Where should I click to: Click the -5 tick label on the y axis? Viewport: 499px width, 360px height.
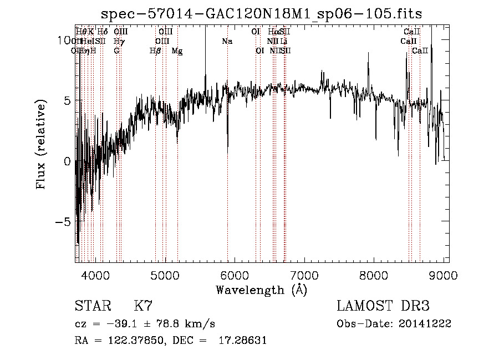point(65,221)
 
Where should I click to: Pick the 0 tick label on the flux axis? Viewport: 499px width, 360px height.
point(68,161)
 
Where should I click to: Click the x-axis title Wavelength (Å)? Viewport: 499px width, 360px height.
point(261,290)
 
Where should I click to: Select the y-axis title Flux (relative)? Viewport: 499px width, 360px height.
point(42,145)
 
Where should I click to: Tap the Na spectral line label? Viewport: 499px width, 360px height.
point(227,42)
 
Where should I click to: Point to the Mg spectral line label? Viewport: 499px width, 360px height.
point(177,51)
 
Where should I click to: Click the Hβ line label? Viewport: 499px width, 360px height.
point(156,51)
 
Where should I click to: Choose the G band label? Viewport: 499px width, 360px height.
point(116,51)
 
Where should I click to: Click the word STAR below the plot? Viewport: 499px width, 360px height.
point(92,306)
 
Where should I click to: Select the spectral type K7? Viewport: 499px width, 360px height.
point(143,306)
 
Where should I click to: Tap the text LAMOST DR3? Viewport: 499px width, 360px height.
point(383,306)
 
